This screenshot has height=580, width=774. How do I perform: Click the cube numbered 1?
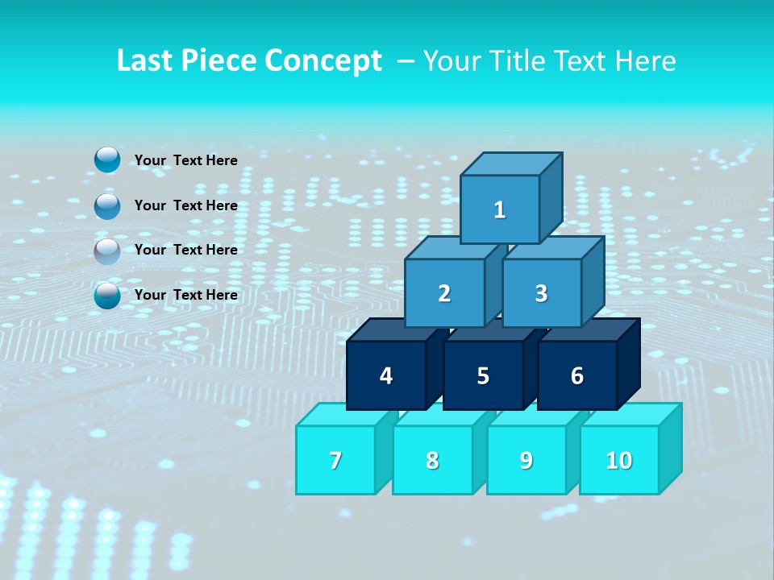500,209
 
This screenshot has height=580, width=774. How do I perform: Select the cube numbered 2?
444,293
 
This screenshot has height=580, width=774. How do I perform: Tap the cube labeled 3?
541,293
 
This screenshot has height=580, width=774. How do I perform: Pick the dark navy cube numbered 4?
386,375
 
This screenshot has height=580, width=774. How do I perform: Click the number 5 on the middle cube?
482,376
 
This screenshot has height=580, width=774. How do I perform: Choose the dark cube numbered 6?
577,375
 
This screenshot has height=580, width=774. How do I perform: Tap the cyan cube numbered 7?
335,460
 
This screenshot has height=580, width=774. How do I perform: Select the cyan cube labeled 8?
432,460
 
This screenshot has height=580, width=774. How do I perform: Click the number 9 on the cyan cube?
526,460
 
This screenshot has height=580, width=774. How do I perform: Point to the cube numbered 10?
618,460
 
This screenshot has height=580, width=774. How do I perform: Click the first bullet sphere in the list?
107,160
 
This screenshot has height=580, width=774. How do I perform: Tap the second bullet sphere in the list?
107,206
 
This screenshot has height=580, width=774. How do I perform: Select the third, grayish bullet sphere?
107,251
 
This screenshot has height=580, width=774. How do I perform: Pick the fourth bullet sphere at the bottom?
107,296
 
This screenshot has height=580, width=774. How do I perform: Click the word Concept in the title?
323,61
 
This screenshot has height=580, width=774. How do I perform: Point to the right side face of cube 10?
670,448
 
